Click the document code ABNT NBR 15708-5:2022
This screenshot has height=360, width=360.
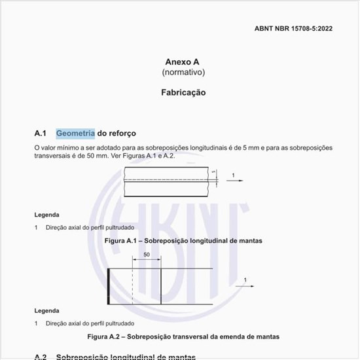[x=293, y=29]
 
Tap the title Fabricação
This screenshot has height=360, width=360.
[x=183, y=92]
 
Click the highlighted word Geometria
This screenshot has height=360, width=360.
[x=75, y=134]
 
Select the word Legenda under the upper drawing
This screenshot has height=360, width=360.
[x=46, y=215]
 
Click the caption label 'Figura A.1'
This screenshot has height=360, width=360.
[x=122, y=241]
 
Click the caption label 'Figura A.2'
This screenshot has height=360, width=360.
[x=105, y=336]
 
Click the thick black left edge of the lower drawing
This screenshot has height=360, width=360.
[x=108, y=285]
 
